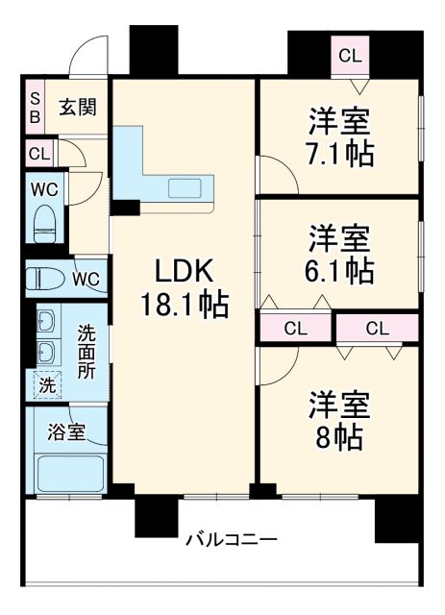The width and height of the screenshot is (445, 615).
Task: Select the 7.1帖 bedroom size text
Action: coord(339,154)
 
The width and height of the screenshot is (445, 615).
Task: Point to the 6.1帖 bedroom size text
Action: coord(339,270)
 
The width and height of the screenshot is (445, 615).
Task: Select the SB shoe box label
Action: coord(34,107)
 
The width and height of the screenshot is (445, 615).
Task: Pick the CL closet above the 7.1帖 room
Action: coord(350,55)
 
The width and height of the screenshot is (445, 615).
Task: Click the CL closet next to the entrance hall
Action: coord(39,153)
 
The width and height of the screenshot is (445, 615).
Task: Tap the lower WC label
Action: coord(86,280)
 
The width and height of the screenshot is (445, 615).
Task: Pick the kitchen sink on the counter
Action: coord(185,187)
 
